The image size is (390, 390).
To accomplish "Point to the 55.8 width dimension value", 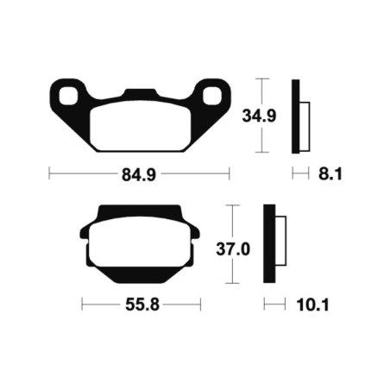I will point(141,305).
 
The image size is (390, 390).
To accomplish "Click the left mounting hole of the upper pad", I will point(67,94).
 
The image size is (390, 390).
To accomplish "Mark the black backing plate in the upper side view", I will point(297,114).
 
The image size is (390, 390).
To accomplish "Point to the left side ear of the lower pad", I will point(84,232).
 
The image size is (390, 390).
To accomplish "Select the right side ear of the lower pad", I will point(196,232).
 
